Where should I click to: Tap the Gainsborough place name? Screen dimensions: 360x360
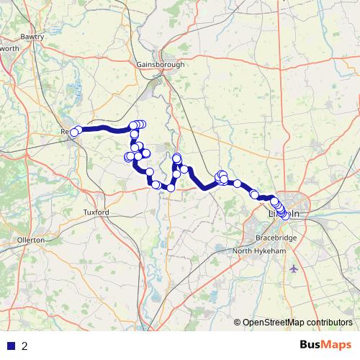(x=161, y=64)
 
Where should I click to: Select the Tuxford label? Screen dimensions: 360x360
(x=96, y=212)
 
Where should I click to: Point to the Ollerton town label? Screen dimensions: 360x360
(x=31, y=239)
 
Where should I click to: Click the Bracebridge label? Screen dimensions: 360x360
(x=276, y=237)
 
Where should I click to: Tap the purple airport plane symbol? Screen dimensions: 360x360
(x=293, y=269)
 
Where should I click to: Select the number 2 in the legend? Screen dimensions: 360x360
(x=24, y=346)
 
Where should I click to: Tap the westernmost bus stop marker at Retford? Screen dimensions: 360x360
(x=73, y=132)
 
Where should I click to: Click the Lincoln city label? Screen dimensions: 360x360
(x=284, y=214)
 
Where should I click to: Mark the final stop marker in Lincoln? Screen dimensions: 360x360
(x=284, y=215)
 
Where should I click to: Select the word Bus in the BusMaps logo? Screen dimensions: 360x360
(x=311, y=345)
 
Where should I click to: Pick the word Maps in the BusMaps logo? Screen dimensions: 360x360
(x=336, y=345)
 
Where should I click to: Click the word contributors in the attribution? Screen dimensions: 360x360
(x=328, y=322)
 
